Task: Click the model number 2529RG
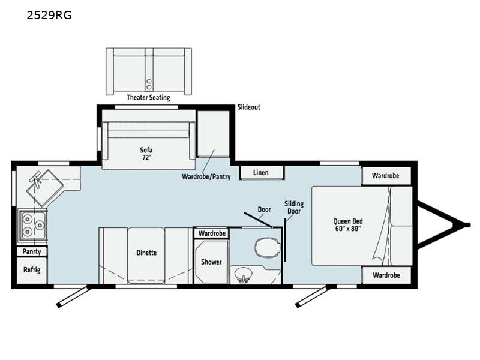point(49,15)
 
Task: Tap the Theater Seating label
point(148,98)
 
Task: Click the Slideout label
point(248,107)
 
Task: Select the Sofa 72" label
point(146,154)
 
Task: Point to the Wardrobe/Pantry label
point(206,176)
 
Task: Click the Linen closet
point(262,173)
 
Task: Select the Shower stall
point(212,262)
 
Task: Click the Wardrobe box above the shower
point(212,233)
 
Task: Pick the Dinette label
point(146,253)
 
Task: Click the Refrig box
point(32,270)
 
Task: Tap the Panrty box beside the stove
point(32,251)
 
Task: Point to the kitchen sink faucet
point(37,179)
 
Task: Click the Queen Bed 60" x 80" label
point(348,225)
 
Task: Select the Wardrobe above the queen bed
point(386,176)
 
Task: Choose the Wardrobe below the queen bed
point(386,275)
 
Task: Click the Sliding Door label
point(294,208)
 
